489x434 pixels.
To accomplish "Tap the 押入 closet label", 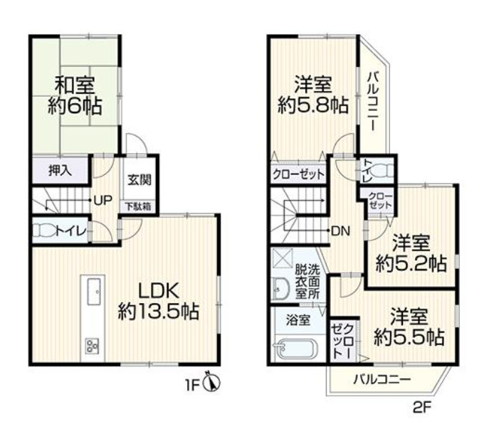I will coord(58,171).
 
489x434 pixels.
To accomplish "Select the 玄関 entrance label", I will coord(139,180).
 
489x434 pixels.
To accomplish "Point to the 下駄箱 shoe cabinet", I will coord(139,207).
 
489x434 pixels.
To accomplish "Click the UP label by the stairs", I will coord(103,200).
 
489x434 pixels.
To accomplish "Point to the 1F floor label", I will coord(192,386).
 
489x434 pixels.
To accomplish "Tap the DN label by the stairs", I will coord(339,231).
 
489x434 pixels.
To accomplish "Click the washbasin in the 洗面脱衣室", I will coord(280,287).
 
